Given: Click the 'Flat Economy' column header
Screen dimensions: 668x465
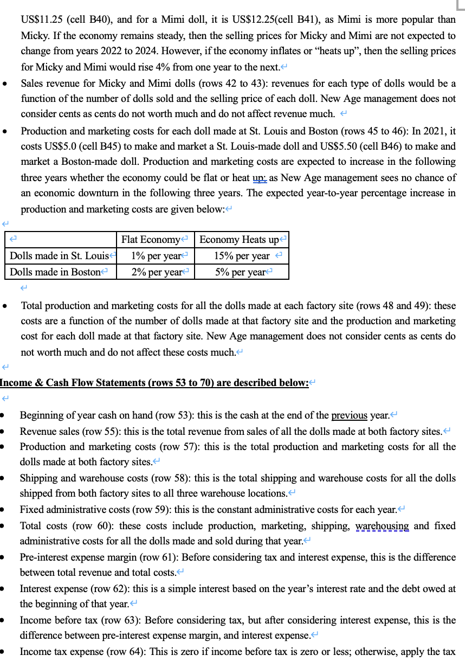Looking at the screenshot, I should pos(151,240).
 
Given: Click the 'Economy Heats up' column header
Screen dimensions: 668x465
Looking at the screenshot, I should pos(239,240).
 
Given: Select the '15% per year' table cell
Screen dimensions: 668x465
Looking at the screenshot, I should pos(241,256).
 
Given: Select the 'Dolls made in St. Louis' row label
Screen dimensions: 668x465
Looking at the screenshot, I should pos(60,256).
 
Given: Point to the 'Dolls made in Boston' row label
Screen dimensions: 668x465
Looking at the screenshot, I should pos(55,272).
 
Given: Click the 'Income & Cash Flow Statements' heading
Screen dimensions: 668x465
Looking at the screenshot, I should pos(154,383).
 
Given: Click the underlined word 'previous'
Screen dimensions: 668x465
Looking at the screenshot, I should pos(349,415).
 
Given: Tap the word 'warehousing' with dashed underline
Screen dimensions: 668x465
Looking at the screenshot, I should pos(382,525).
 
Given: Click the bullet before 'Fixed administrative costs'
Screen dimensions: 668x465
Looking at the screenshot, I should pos(4,510).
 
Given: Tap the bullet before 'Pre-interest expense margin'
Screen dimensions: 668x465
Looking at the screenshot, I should pos(4,557).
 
